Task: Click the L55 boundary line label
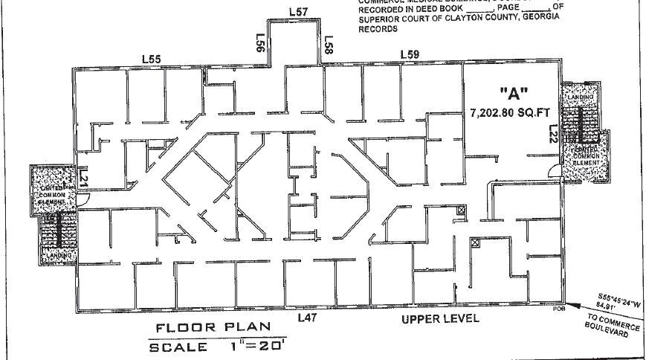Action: click(x=153, y=59)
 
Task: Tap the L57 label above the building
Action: click(x=298, y=12)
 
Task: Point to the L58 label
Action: click(x=327, y=44)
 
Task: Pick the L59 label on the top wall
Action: click(x=410, y=54)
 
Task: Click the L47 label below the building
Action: click(x=308, y=318)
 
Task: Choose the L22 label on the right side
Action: click(x=552, y=134)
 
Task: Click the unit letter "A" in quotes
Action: click(x=514, y=94)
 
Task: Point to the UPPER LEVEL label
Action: click(x=440, y=319)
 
